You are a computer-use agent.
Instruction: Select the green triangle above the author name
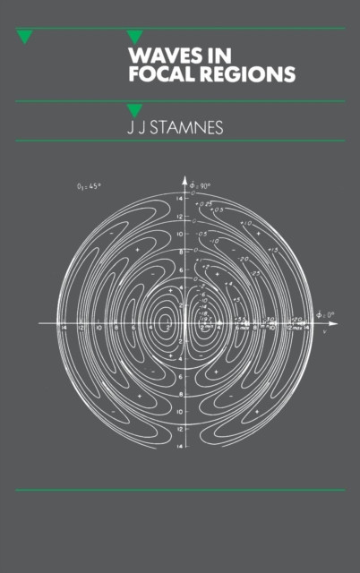(x=135, y=111)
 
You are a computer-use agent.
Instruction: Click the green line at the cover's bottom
(x=180, y=491)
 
